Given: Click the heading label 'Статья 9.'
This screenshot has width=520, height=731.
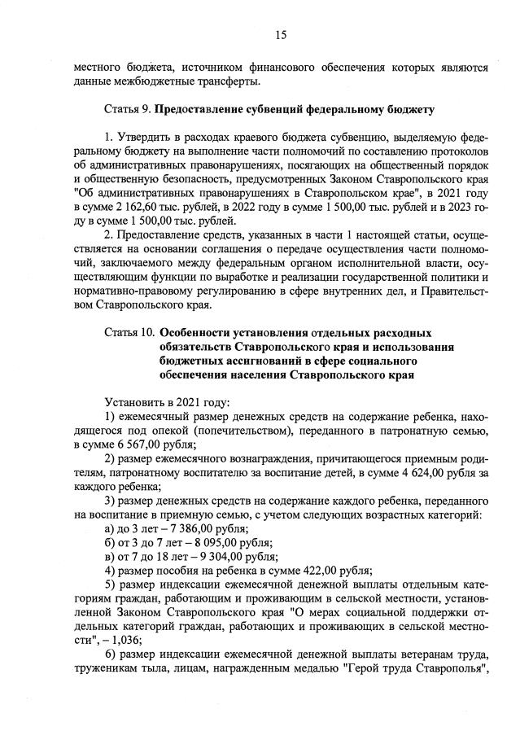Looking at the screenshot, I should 128,108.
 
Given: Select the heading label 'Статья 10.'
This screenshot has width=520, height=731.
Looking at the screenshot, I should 129,333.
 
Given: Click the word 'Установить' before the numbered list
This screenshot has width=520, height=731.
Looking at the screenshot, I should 133,402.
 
